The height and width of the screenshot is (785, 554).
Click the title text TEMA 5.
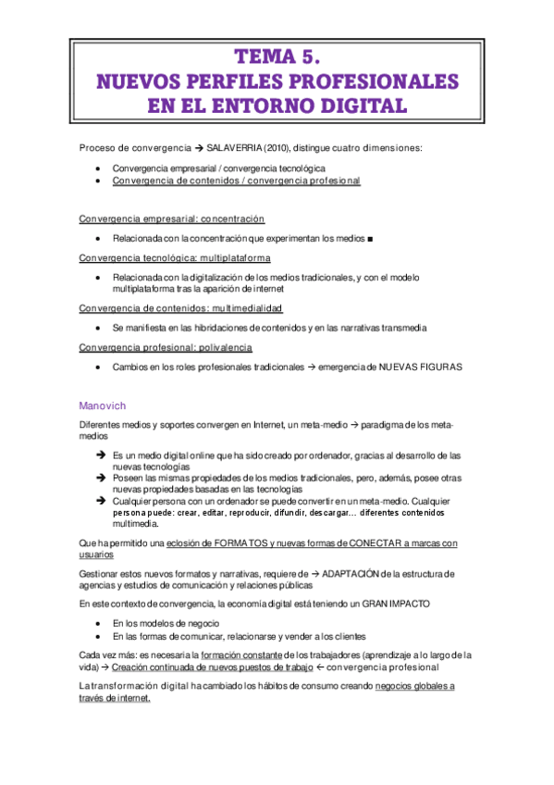point(277,56)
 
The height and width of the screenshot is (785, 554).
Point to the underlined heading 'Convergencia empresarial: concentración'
point(172,218)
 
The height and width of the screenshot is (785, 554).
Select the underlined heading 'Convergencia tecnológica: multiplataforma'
point(175,257)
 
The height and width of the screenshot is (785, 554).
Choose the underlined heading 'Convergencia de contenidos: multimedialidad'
point(181,307)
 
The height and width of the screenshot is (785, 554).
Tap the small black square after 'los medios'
point(369,240)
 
